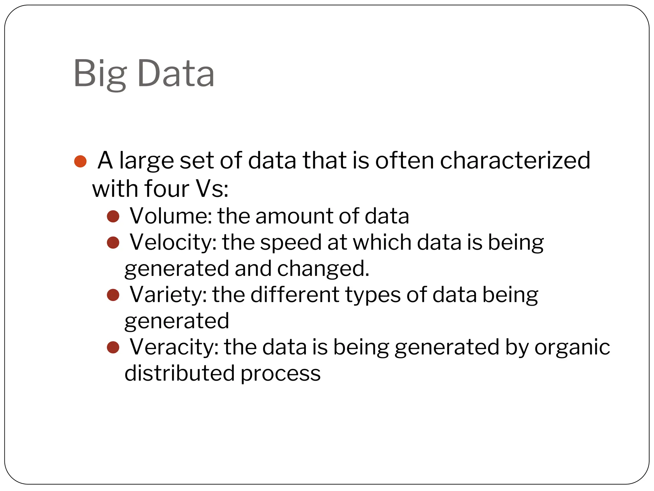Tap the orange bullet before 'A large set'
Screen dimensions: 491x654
coord(80,161)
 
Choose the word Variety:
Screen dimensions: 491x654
coord(168,294)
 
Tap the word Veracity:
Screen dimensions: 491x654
coord(174,347)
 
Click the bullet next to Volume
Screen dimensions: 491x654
coord(113,216)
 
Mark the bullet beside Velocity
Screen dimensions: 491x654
coord(113,243)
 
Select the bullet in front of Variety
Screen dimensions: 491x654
coord(113,295)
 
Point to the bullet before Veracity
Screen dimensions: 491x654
coord(113,347)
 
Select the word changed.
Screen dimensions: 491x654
coord(323,269)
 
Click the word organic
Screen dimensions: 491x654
coord(572,347)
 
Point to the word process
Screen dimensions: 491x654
coord(280,374)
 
